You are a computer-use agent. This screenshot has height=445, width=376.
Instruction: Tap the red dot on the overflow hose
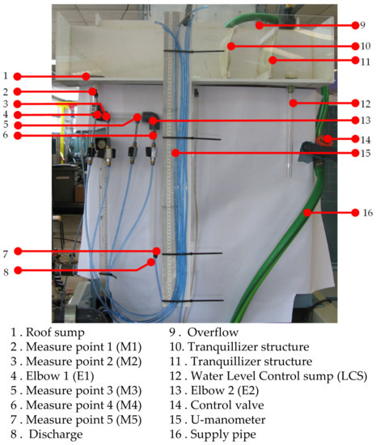[x=260, y=25]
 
